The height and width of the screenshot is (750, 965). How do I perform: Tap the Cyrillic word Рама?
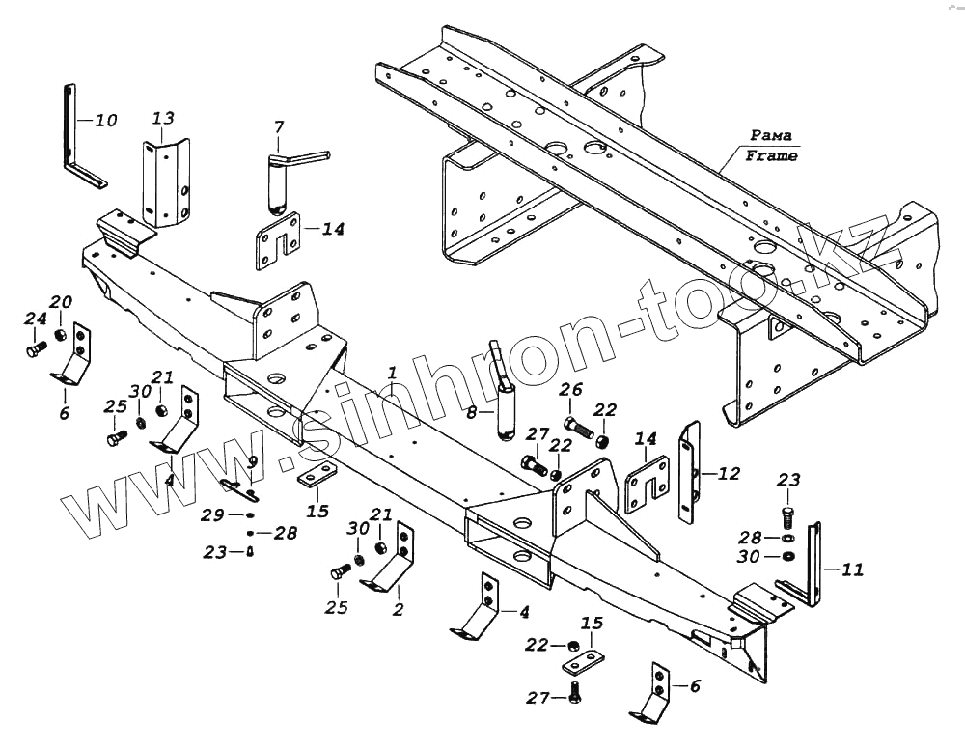tap(771, 135)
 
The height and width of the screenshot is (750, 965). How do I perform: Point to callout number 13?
tap(163, 118)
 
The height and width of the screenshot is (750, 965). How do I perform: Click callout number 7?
tap(279, 127)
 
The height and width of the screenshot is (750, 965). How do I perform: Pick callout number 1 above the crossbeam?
tap(392, 373)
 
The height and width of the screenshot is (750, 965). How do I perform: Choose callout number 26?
tap(571, 390)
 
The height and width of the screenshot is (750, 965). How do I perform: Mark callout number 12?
tap(729, 473)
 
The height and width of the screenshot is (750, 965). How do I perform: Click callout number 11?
tap(852, 569)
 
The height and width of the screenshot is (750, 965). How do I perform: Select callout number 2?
tap(398, 609)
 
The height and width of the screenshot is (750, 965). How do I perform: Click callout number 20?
tap(61, 302)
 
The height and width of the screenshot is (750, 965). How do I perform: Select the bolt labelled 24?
tap(36, 347)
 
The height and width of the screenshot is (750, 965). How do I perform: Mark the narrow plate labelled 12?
tap(691, 473)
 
